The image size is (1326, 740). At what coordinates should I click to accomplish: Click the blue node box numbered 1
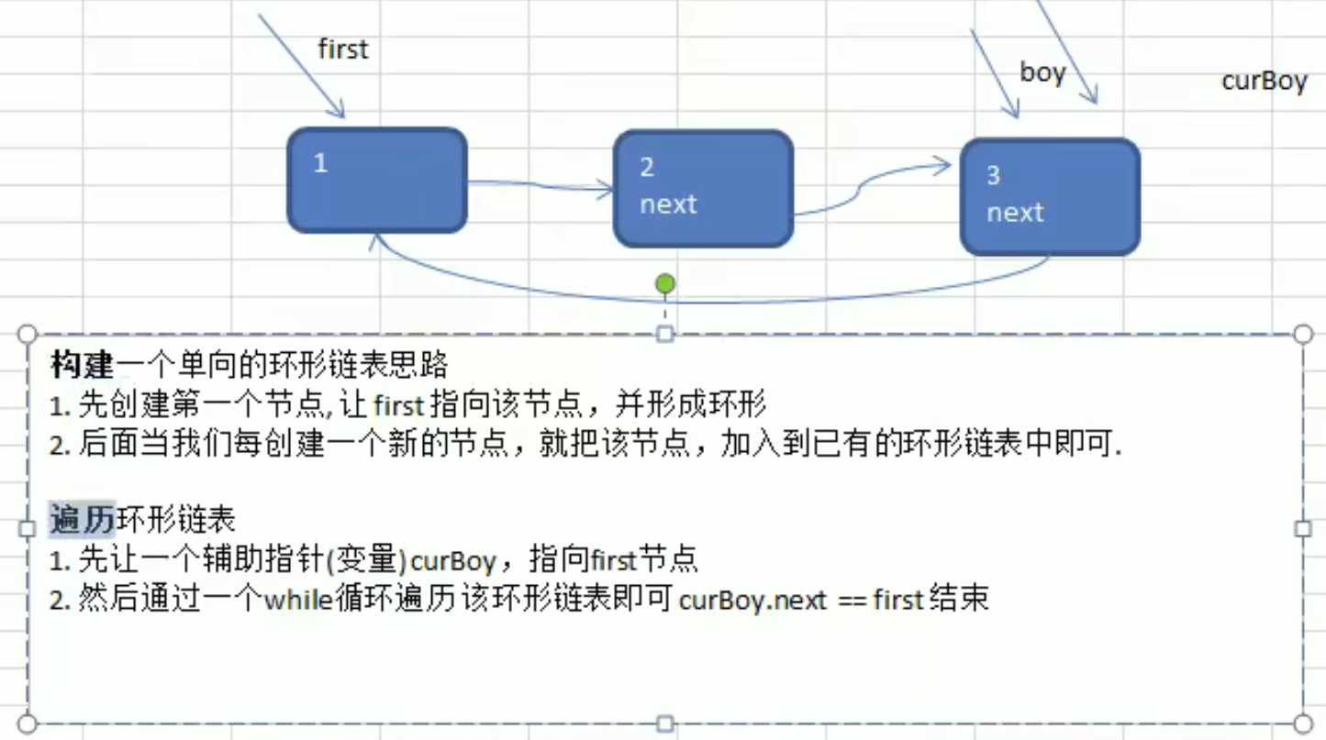377,180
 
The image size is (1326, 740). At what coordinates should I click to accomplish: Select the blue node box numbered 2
702,188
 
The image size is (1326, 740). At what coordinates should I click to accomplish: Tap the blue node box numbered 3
1050,196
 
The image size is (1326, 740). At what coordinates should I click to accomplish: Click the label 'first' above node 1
342,49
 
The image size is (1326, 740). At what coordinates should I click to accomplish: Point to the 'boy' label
1042,72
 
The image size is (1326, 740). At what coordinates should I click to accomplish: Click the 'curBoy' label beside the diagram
1264,81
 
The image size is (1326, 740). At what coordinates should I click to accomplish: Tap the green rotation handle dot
665,284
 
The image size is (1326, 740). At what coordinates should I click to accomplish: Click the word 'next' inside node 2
668,204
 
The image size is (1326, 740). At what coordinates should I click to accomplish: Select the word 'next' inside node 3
1015,212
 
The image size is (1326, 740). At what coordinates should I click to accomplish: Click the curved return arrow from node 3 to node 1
697,300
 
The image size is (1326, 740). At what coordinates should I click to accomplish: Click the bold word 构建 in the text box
83,366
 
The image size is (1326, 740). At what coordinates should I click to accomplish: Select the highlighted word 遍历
83,520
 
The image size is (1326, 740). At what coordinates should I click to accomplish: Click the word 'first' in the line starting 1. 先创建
399,404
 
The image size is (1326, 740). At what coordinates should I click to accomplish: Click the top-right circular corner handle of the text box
1303,334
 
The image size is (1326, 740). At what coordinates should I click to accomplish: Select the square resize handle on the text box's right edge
1303,528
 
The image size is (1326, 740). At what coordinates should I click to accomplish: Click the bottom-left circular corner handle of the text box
28,723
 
